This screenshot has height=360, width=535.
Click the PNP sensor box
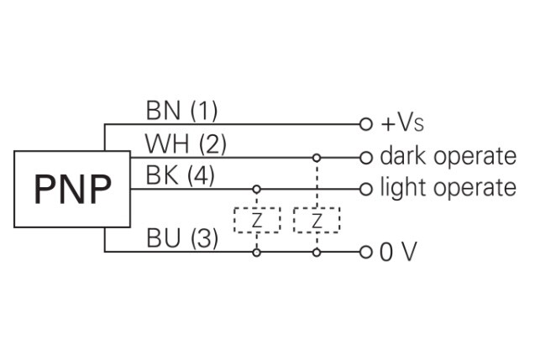(72, 190)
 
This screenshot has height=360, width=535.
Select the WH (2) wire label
(186, 144)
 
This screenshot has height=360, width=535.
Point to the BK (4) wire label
(181, 176)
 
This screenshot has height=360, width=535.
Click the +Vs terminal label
(402, 124)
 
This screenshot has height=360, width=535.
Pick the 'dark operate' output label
(447, 156)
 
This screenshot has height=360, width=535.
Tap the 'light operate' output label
(447, 188)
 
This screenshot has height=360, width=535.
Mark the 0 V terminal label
(397, 252)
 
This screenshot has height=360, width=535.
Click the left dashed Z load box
(255, 220)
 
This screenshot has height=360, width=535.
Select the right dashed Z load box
(317, 220)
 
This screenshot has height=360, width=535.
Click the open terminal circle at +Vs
(365, 124)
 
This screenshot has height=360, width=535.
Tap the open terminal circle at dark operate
(365, 157)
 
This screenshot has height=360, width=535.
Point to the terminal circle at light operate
(365, 189)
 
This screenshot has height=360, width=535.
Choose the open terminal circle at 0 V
(365, 251)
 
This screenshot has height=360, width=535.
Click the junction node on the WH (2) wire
(317, 157)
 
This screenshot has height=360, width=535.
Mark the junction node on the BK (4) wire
(255, 189)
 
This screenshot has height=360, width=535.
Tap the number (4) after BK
(203, 176)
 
